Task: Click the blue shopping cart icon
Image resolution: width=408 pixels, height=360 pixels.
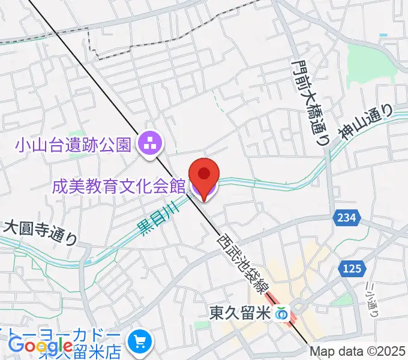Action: click(x=141, y=341)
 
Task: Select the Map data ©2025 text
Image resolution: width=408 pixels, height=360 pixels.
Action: click(x=358, y=352)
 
